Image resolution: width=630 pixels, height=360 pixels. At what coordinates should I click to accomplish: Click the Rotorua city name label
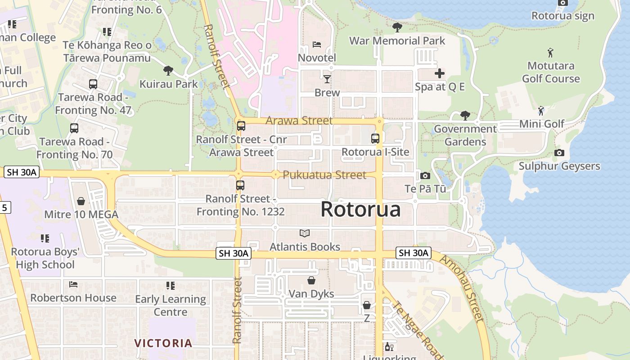tap(360, 210)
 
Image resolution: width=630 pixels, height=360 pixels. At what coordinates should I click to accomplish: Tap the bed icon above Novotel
tap(317, 45)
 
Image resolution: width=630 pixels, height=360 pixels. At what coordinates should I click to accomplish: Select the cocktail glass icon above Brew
tap(327, 79)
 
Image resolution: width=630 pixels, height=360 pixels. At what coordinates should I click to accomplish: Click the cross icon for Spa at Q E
tap(440, 73)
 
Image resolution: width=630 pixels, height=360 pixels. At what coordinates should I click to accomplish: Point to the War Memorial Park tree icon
tap(397, 27)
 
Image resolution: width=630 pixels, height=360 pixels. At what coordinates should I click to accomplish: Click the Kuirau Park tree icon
tap(168, 71)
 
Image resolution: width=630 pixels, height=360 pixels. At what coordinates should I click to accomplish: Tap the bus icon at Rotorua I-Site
tap(375, 139)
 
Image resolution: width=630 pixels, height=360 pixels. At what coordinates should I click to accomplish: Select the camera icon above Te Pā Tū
tap(425, 175)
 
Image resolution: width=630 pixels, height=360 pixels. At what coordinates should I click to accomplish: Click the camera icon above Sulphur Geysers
tap(559, 153)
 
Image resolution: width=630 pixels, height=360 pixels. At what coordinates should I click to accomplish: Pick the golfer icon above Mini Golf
tap(541, 110)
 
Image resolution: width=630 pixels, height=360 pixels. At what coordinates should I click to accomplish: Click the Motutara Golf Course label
tap(551, 72)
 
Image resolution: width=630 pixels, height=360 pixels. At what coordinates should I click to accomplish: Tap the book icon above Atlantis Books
tap(305, 234)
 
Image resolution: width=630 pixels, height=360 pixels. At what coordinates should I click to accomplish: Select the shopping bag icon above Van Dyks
tap(311, 281)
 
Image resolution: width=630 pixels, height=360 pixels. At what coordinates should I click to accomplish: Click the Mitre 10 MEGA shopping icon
tap(81, 201)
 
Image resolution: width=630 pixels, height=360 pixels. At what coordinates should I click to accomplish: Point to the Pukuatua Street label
tap(324, 175)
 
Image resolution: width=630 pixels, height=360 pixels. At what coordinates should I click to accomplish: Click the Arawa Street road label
tap(299, 121)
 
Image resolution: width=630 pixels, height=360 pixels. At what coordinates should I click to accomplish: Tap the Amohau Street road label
tap(461, 288)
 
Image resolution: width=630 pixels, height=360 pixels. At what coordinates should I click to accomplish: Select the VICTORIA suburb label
tap(163, 343)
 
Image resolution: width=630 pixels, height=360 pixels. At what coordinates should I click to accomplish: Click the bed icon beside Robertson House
tap(73, 284)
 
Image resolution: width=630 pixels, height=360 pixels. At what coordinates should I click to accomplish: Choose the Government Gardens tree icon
tap(465, 116)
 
